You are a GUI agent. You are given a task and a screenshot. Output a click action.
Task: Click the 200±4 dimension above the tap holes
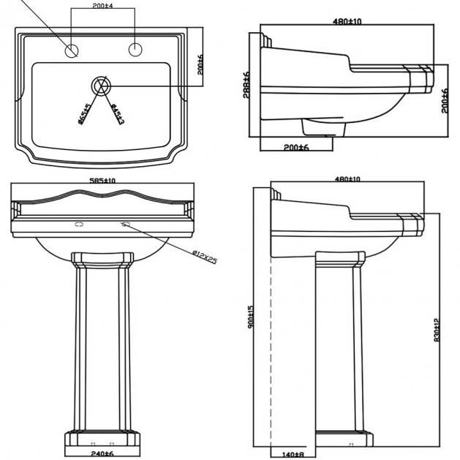point(103,5)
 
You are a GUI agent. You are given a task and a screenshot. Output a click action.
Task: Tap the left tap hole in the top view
point(72,50)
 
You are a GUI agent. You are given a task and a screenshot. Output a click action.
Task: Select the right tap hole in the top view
point(135,50)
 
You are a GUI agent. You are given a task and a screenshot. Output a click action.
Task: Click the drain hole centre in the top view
point(102,85)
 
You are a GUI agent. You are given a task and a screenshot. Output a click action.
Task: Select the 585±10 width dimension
point(103,180)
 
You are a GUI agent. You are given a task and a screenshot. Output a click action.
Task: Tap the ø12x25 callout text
point(205,257)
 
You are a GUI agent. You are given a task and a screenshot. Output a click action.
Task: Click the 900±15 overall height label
point(251,317)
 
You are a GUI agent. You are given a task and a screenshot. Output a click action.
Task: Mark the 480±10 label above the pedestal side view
point(348,179)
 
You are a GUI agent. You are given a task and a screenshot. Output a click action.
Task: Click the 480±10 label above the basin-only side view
point(348,20)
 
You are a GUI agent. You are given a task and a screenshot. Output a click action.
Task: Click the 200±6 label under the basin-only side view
point(297,147)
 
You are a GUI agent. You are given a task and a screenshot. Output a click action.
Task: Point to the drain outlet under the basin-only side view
point(323,129)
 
